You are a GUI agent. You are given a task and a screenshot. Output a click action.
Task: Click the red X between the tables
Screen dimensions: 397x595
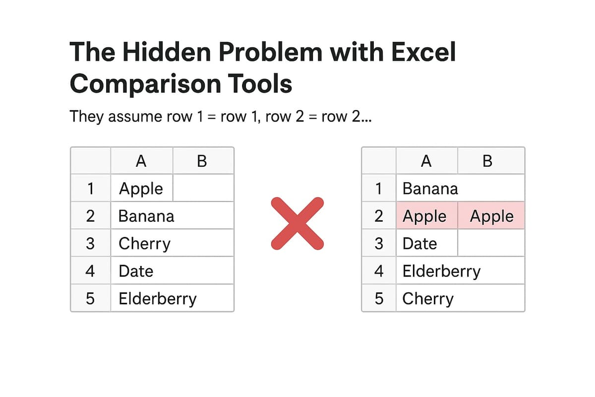click(297, 223)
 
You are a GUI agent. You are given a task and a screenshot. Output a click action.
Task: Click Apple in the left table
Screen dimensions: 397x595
click(141, 189)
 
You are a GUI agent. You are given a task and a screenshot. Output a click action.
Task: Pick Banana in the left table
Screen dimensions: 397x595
click(146, 216)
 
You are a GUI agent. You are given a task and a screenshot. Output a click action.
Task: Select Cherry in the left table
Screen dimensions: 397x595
click(144, 244)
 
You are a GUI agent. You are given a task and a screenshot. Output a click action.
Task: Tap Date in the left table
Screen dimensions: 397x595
click(136, 271)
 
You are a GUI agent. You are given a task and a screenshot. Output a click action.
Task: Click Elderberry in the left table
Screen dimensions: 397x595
click(158, 299)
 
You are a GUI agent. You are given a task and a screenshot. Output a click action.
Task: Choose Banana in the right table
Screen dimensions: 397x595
click(430, 189)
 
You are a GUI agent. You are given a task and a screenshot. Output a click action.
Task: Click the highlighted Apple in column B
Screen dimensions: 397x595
click(491, 216)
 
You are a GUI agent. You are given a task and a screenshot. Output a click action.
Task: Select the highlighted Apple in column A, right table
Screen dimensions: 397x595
click(424, 216)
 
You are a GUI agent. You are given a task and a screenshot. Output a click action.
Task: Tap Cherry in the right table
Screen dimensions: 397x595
click(428, 299)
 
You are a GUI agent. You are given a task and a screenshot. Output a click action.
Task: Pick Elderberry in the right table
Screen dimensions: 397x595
click(441, 271)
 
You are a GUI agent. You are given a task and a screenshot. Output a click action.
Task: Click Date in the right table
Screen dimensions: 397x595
click(419, 244)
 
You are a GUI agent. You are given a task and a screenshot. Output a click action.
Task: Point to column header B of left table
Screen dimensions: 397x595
click(202, 161)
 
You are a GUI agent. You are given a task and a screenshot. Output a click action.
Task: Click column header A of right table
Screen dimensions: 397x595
click(426, 161)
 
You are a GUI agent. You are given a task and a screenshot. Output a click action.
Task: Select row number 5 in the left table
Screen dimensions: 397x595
click(90, 299)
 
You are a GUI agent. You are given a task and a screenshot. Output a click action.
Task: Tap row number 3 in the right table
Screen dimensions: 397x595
click(379, 244)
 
